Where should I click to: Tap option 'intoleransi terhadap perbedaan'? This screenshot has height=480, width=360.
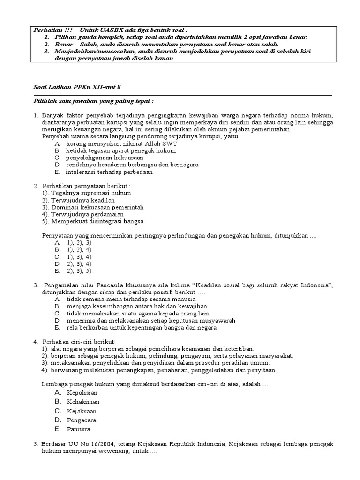point(110,172)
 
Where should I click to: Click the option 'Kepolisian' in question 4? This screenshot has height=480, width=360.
point(82,392)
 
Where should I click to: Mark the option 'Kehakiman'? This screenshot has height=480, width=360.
point(83,402)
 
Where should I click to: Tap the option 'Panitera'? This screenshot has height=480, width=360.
point(79,429)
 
